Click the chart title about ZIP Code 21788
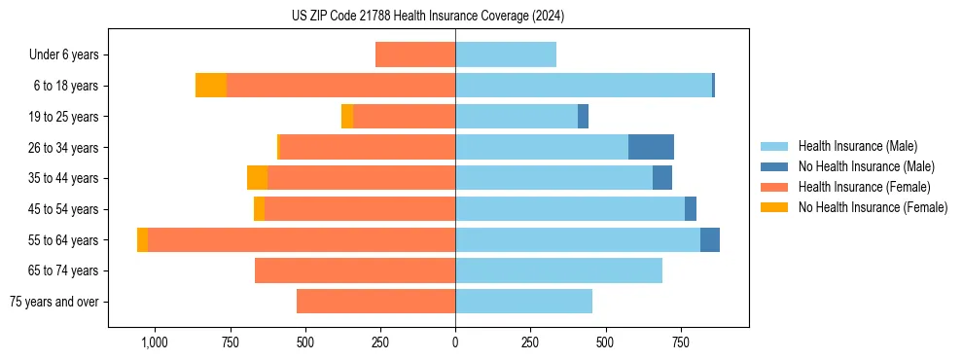pos(428,17)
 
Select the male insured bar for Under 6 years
pos(506,54)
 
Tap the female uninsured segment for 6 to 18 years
pos(211,86)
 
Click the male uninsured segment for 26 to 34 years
pos(651,147)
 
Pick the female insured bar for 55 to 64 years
pos(302,240)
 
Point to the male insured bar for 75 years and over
pos(523,302)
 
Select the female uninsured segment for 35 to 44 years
pos(257,178)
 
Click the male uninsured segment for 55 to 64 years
pos(710,240)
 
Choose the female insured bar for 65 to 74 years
pos(355,270)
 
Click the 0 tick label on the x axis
pos(455,342)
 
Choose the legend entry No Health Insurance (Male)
pos(866,166)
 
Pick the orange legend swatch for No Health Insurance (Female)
pos(775,207)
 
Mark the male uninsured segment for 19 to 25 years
pos(583,117)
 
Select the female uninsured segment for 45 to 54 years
pos(259,209)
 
